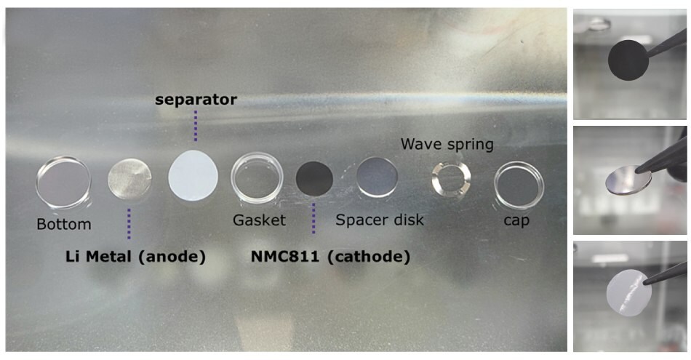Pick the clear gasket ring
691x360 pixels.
(257, 177)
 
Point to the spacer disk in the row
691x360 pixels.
(377, 177)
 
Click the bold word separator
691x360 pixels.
(195, 100)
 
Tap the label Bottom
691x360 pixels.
(64, 224)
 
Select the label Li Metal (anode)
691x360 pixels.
(133, 256)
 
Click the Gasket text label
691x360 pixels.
(260, 220)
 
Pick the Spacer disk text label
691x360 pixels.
(379, 219)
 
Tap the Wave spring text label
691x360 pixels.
(447, 144)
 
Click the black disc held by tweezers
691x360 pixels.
(628, 60)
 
